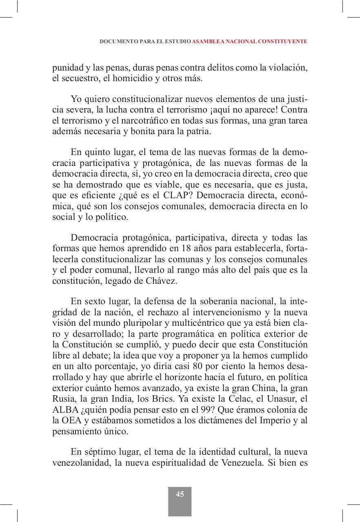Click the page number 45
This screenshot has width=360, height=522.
click(x=180, y=494)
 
